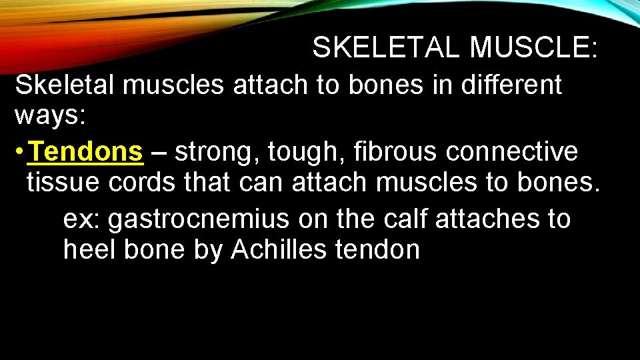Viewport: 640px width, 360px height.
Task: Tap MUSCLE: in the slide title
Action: [533, 47]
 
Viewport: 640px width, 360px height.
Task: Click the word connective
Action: [513, 152]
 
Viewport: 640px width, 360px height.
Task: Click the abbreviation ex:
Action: [82, 219]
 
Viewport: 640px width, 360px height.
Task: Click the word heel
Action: [87, 249]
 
